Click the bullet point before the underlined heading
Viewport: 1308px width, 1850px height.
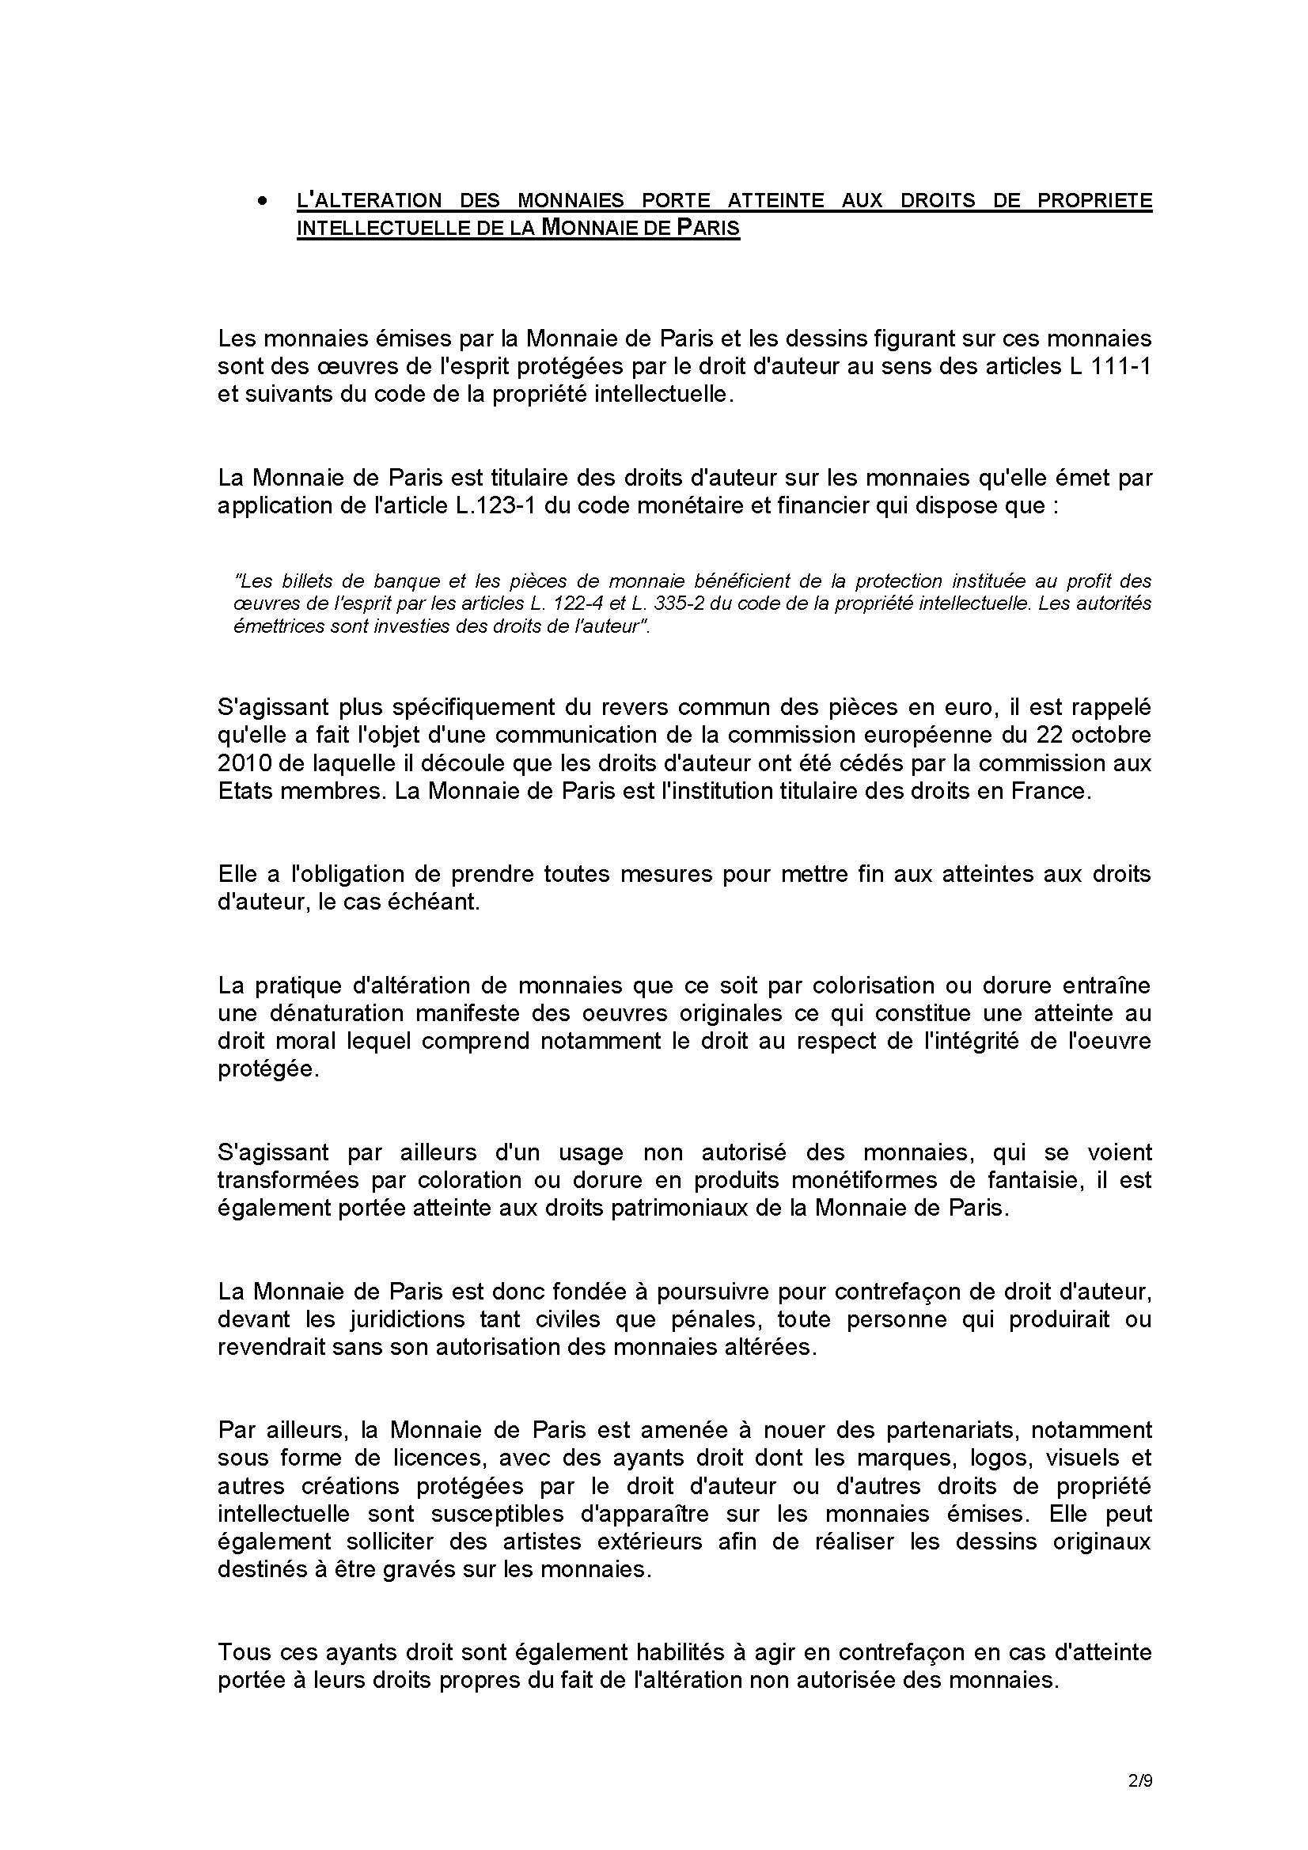[261, 201]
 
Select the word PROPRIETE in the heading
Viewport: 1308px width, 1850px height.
[1094, 201]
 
